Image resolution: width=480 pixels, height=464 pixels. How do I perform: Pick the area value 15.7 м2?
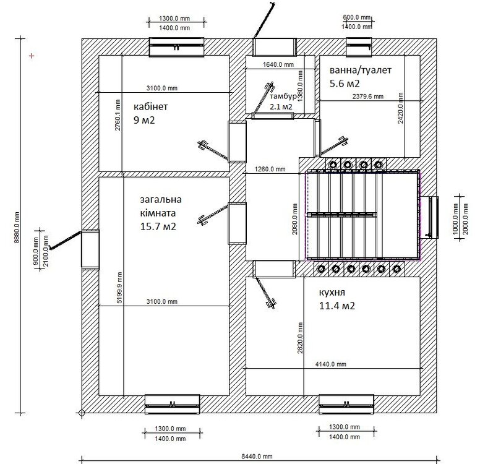pos(158,226)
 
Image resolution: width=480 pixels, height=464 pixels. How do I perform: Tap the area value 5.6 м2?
pos(345,83)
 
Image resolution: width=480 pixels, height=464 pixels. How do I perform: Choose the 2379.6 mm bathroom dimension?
pos(367,97)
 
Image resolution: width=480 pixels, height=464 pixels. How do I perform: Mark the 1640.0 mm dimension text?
pos(278,64)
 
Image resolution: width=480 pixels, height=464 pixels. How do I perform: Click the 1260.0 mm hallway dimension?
pos(270,169)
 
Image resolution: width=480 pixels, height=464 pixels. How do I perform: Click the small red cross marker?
pos(31,56)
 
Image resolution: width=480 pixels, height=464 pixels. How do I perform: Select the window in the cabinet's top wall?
pos(178,48)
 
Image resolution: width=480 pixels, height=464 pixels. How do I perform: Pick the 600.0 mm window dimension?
pos(357,17)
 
